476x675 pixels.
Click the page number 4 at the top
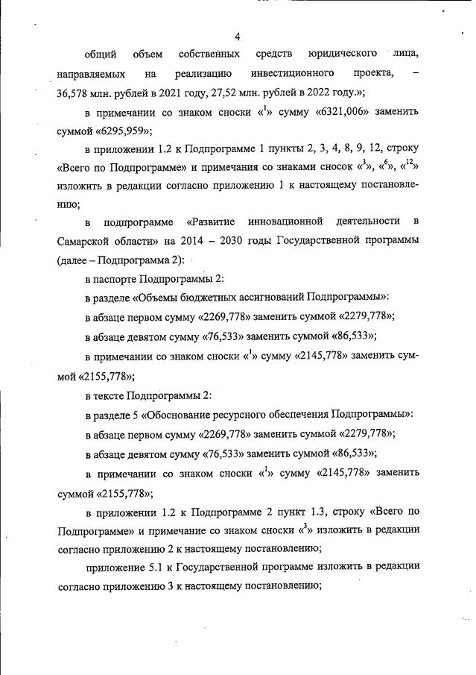(237, 37)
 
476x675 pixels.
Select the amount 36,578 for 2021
(77, 93)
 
